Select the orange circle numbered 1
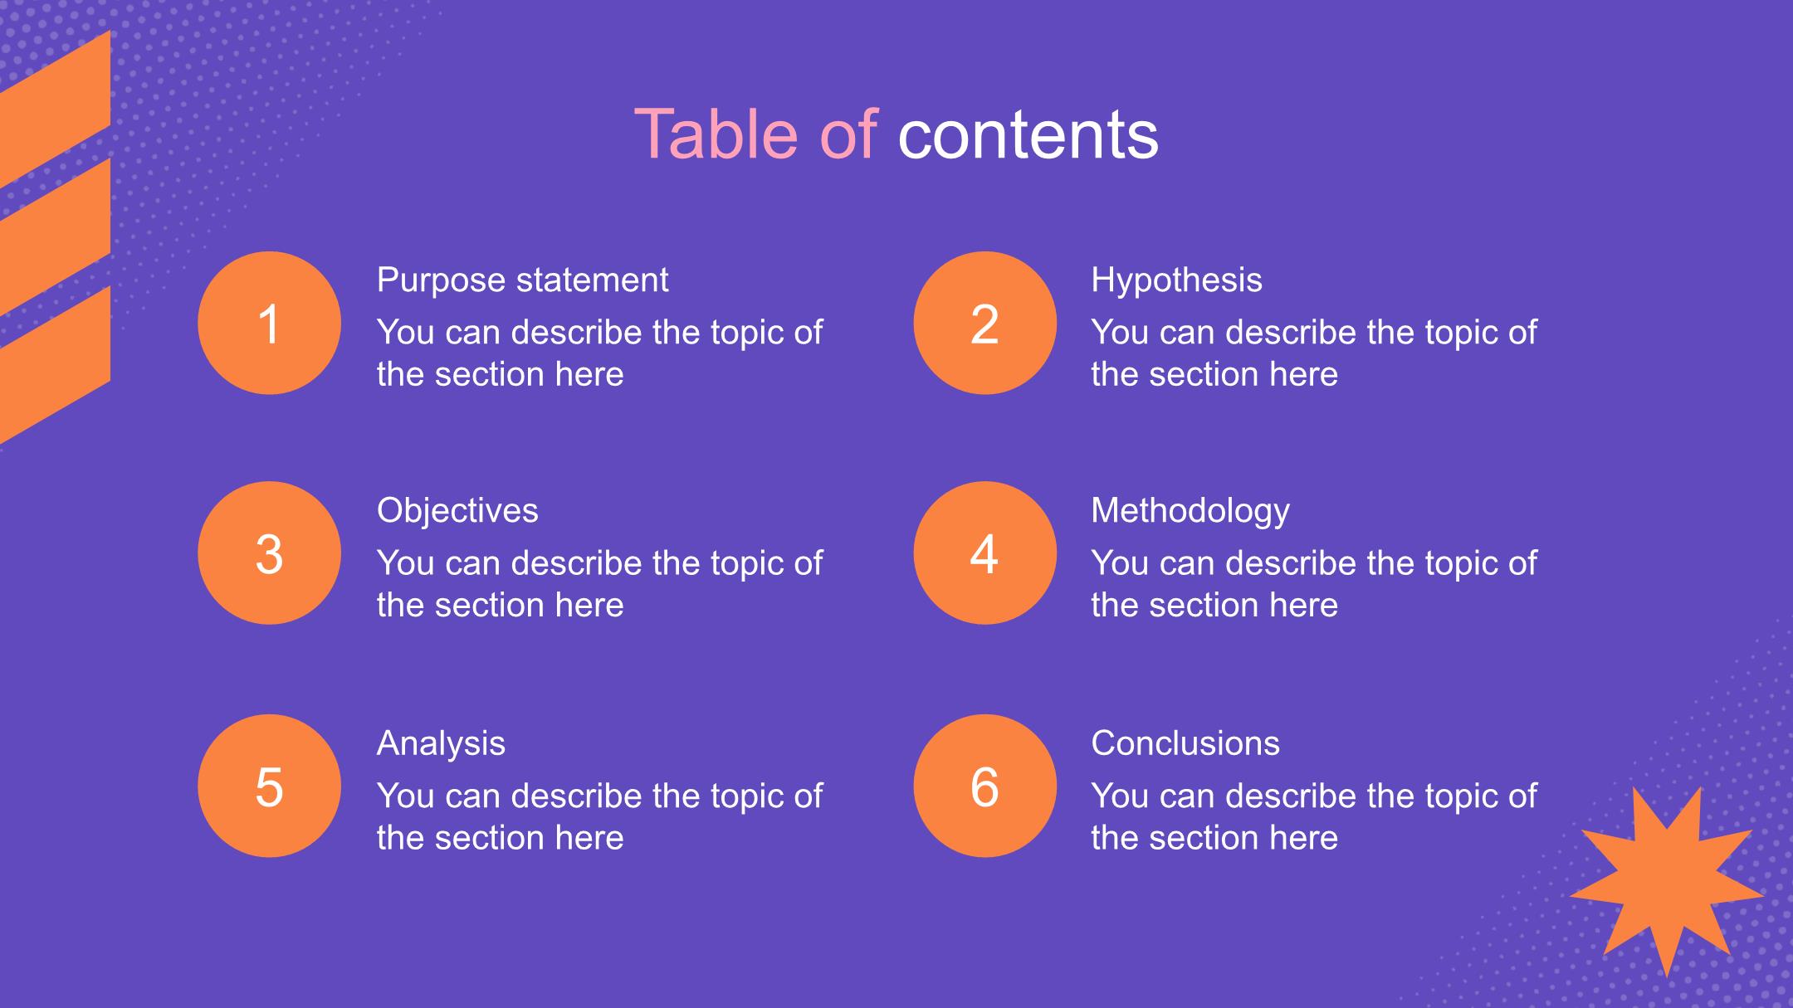pos(269,323)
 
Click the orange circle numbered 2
pos(984,323)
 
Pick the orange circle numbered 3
pos(269,553)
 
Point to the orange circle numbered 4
pos(984,553)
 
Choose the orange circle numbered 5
pos(269,786)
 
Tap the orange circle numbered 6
pos(984,786)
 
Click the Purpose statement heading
pos(522,280)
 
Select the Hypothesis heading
pos(1176,281)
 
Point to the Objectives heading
pos(457,511)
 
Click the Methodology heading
pos(1190,511)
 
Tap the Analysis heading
pos(441,744)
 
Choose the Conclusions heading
pos(1185,743)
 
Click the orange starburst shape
pos(1667,881)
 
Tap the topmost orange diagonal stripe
pos(55,109)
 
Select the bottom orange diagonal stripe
pos(55,365)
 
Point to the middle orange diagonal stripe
pos(55,237)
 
